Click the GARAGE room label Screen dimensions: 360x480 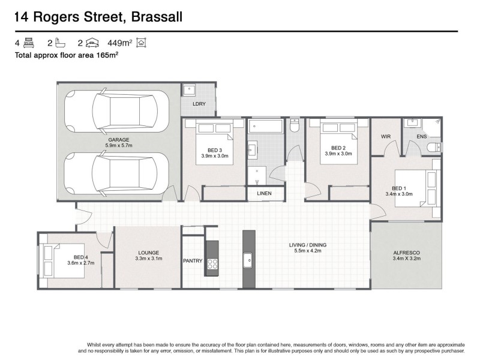119,139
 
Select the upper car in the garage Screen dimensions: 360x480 117,110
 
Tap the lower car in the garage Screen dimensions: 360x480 117,174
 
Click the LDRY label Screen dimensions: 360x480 199,104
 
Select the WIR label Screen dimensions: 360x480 386,137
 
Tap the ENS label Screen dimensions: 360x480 422,137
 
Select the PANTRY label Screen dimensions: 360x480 193,261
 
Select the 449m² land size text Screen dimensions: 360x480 119,43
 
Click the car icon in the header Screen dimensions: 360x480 92,43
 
